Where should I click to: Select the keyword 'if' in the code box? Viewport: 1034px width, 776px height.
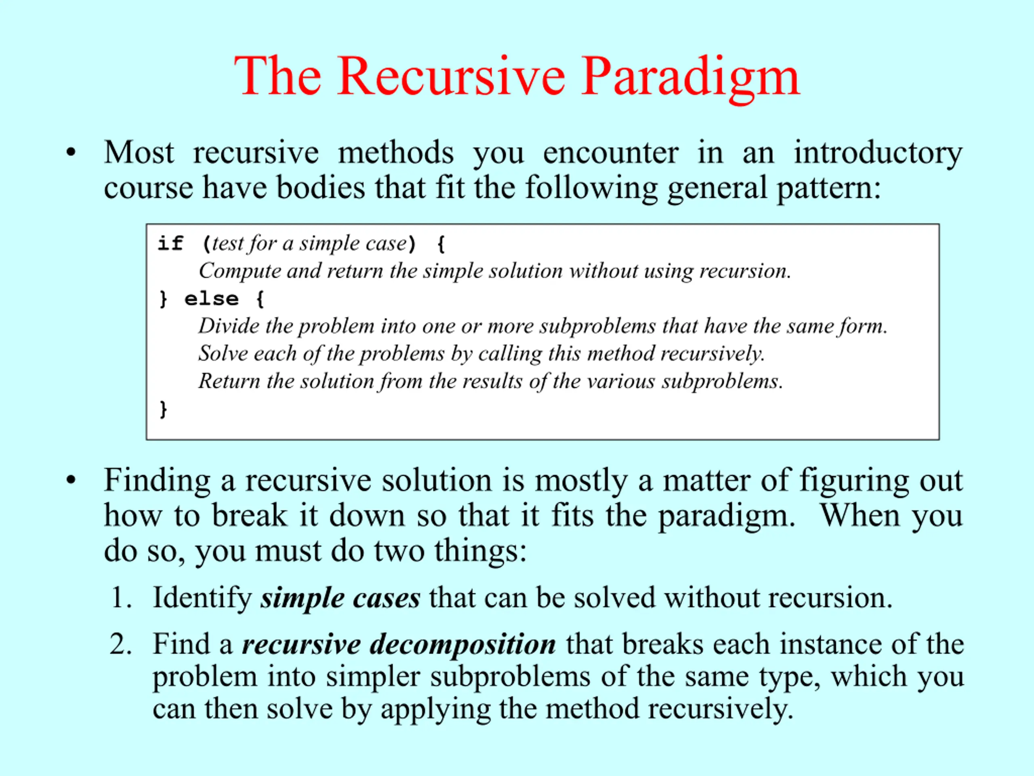[x=170, y=243]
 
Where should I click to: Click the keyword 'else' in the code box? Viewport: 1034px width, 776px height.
[x=211, y=299]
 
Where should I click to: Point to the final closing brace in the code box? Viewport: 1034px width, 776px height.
[x=163, y=409]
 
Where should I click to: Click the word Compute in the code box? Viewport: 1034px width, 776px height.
[x=240, y=271]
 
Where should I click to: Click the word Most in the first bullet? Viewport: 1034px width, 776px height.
[x=139, y=153]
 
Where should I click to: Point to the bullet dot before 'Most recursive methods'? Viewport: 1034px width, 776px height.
[x=71, y=153]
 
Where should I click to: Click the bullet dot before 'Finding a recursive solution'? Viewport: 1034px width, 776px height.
[x=71, y=481]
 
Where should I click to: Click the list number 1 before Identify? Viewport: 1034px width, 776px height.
[x=121, y=598]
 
